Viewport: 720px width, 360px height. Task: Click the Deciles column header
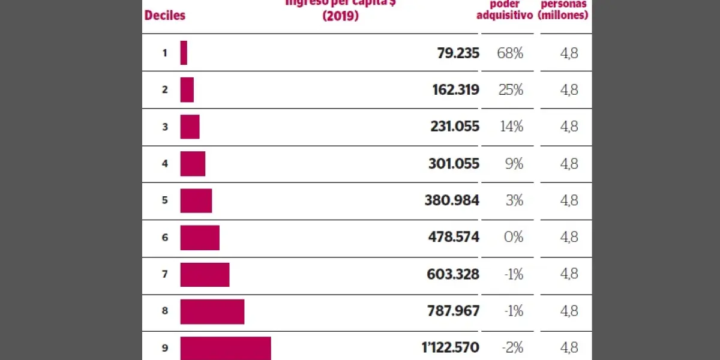click(x=165, y=16)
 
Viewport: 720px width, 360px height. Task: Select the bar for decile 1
click(x=184, y=53)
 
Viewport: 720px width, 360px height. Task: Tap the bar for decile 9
click(x=226, y=348)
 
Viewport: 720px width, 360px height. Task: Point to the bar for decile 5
click(x=196, y=200)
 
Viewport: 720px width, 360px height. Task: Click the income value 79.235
click(x=458, y=53)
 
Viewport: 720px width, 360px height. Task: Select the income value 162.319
click(x=455, y=90)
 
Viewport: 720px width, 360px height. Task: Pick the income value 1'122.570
click(x=449, y=348)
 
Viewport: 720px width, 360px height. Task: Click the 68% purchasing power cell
click(x=510, y=53)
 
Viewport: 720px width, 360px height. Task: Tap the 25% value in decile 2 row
click(x=511, y=90)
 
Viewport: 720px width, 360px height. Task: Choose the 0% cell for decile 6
click(x=513, y=238)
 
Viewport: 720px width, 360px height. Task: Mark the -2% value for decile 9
click(x=512, y=348)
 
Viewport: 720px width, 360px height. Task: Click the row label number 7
click(x=165, y=274)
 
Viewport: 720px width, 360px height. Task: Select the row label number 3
click(x=165, y=127)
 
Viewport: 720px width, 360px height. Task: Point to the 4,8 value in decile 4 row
click(x=569, y=164)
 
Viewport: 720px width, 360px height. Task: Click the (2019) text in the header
click(x=340, y=16)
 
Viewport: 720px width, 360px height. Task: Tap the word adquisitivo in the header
click(x=505, y=16)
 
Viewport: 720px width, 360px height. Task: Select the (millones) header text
click(x=563, y=15)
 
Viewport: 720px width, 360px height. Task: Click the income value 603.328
click(x=453, y=274)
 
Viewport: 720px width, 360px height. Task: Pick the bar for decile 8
click(x=212, y=311)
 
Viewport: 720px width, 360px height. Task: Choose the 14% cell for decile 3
click(x=511, y=127)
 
